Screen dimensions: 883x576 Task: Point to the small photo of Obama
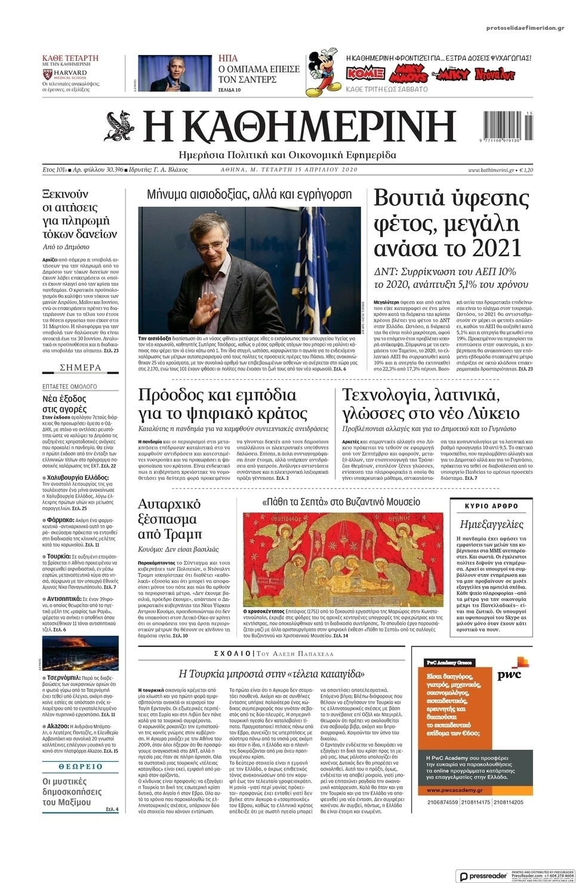(x=171, y=73)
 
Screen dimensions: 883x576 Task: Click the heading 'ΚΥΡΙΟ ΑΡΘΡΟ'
(x=491, y=506)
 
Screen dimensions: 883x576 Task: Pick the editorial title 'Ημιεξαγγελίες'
(x=491, y=525)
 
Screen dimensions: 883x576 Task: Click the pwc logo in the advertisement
(x=509, y=674)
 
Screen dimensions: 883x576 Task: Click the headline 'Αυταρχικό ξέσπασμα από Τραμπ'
(x=170, y=519)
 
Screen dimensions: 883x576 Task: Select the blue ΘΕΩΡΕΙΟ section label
(x=80, y=766)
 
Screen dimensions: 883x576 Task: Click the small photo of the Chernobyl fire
(x=80, y=652)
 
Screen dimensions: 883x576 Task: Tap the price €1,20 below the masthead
(x=526, y=170)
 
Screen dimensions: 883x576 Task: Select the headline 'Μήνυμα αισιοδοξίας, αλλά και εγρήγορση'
(x=250, y=194)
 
